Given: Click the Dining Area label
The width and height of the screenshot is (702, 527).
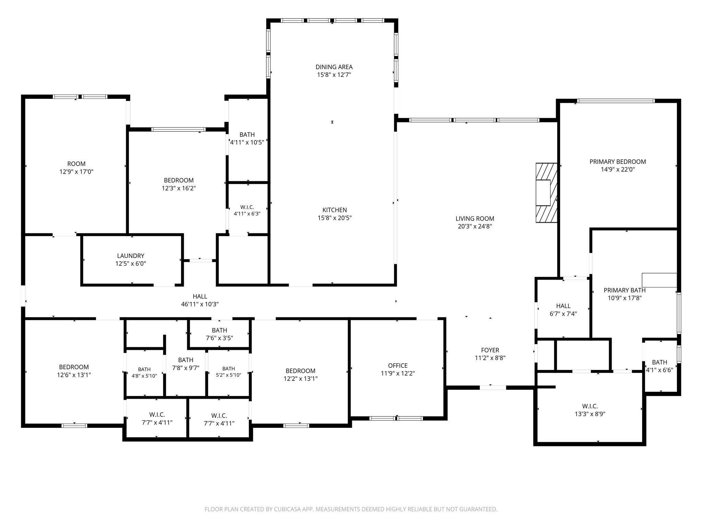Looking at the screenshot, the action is click(x=334, y=67).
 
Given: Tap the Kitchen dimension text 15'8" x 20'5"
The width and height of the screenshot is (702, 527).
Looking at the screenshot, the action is click(x=335, y=218).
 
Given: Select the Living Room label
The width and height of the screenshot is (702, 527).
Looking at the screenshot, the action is click(x=475, y=219).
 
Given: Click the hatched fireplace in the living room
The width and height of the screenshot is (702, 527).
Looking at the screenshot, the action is click(x=546, y=192).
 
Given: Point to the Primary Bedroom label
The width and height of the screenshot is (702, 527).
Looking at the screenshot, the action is click(x=618, y=162).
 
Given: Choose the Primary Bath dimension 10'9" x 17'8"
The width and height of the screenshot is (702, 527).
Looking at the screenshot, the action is click(x=625, y=298).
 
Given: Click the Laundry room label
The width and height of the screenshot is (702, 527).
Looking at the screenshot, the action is click(x=131, y=256).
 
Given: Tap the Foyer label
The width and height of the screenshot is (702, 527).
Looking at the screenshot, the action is click(x=490, y=350).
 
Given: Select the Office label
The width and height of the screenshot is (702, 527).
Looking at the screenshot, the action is click(x=398, y=365).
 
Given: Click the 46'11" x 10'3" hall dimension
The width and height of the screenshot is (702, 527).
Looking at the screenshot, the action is click(x=200, y=304).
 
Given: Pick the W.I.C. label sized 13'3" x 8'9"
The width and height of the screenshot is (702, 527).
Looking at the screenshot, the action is click(x=590, y=406).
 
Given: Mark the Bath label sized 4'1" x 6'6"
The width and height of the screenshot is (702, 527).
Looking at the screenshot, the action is click(x=659, y=362).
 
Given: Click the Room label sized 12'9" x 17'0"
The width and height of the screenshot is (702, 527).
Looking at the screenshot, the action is click(x=76, y=164).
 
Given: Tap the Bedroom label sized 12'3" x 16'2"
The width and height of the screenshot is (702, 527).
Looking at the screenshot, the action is click(x=179, y=180).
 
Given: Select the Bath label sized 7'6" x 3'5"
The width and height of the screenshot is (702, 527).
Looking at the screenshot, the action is click(x=219, y=330).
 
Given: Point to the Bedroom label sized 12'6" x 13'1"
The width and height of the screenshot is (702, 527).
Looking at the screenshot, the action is click(x=74, y=367).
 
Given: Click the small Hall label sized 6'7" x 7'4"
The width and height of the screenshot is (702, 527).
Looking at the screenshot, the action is click(x=563, y=306).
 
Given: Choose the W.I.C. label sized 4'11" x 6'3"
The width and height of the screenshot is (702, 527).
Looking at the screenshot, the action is click(x=247, y=207).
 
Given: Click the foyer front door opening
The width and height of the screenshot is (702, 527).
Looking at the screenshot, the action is click(x=493, y=387).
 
